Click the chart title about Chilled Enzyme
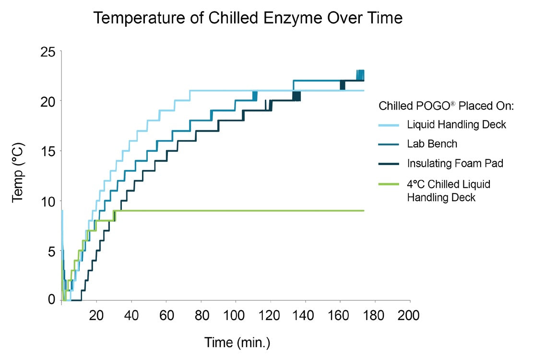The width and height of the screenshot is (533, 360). tap(248, 18)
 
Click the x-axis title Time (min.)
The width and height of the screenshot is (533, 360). tap(237, 343)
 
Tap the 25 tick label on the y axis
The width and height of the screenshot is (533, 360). tap(48, 51)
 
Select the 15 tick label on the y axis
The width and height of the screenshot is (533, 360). tap(48, 151)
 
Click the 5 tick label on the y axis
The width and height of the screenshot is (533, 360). tap(52, 251)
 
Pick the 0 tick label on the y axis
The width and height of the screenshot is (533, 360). tap(52, 300)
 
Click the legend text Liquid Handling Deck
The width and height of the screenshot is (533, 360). tap(457, 125)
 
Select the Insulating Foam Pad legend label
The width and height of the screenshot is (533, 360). tap(455, 163)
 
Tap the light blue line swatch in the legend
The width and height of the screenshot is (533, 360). tap(390, 125)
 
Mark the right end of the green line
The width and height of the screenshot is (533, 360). tap(364, 211)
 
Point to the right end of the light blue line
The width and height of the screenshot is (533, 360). tap(364, 90)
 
